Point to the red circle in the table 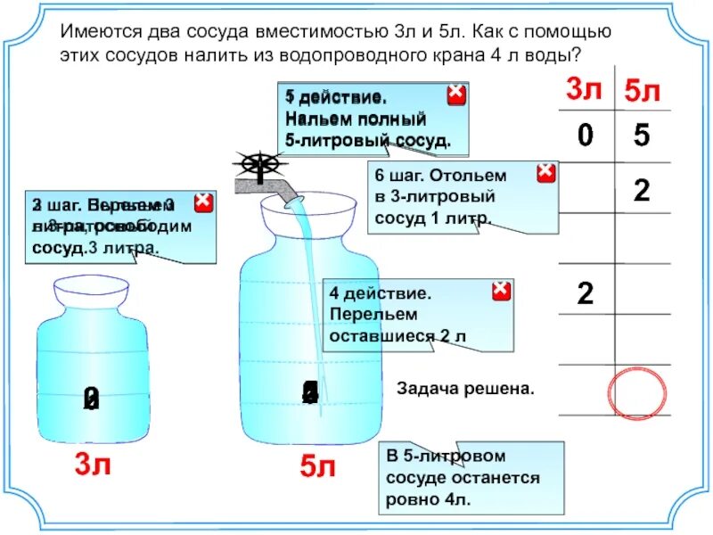pyautogui.click(x=637, y=390)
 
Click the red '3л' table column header pyautogui.click(x=585, y=90)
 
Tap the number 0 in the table pyautogui.click(x=585, y=136)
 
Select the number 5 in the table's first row pyautogui.click(x=642, y=136)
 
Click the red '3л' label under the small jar pyautogui.click(x=92, y=464)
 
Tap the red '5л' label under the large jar pyautogui.click(x=316, y=465)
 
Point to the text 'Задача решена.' pyautogui.click(x=465, y=390)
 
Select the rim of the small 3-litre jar pyautogui.click(x=91, y=292)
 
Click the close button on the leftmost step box pyautogui.click(x=203, y=202)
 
